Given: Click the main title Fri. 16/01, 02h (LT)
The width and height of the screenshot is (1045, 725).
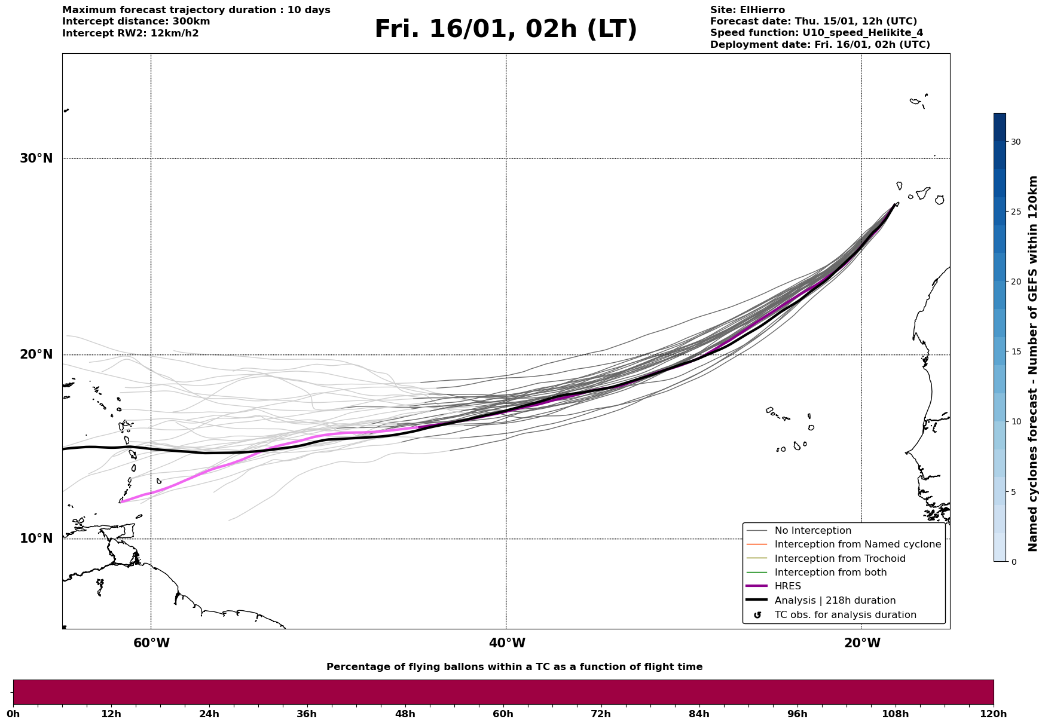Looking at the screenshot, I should click(x=506, y=29).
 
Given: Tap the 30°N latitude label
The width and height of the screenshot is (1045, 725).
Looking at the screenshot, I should click(x=36, y=158).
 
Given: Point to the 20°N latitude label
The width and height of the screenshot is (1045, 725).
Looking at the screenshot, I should click(x=36, y=354).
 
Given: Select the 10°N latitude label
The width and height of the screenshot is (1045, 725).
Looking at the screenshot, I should click(x=36, y=539).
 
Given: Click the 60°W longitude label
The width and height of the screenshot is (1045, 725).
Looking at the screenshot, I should click(x=151, y=643).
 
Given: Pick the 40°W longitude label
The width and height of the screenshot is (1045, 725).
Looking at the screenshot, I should click(x=507, y=643).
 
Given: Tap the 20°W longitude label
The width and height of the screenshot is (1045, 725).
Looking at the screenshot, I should click(x=862, y=643).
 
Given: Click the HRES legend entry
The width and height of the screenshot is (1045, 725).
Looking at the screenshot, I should click(x=787, y=586).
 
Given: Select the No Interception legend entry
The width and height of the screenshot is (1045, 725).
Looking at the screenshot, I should click(x=812, y=531).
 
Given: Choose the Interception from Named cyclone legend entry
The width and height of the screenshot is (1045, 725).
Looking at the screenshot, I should click(x=857, y=544).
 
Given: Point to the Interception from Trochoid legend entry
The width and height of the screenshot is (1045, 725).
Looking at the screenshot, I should click(x=839, y=559).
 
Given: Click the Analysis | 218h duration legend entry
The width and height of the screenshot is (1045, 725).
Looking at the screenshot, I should click(x=835, y=601).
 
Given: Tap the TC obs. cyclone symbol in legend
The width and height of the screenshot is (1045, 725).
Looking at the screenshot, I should click(x=757, y=615).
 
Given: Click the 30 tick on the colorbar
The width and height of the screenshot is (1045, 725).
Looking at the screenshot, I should click(x=1016, y=142).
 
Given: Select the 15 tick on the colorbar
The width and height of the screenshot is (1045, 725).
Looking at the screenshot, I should click(x=1016, y=351).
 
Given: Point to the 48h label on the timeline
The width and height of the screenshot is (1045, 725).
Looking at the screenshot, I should click(x=405, y=714).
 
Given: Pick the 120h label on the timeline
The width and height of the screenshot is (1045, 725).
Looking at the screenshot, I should click(x=993, y=714).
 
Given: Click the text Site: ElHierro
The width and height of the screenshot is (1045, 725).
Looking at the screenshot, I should click(x=747, y=10).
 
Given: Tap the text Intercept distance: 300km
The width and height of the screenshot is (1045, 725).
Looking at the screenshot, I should click(x=136, y=22).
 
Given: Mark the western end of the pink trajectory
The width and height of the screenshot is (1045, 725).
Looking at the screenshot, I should click(x=121, y=502).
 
